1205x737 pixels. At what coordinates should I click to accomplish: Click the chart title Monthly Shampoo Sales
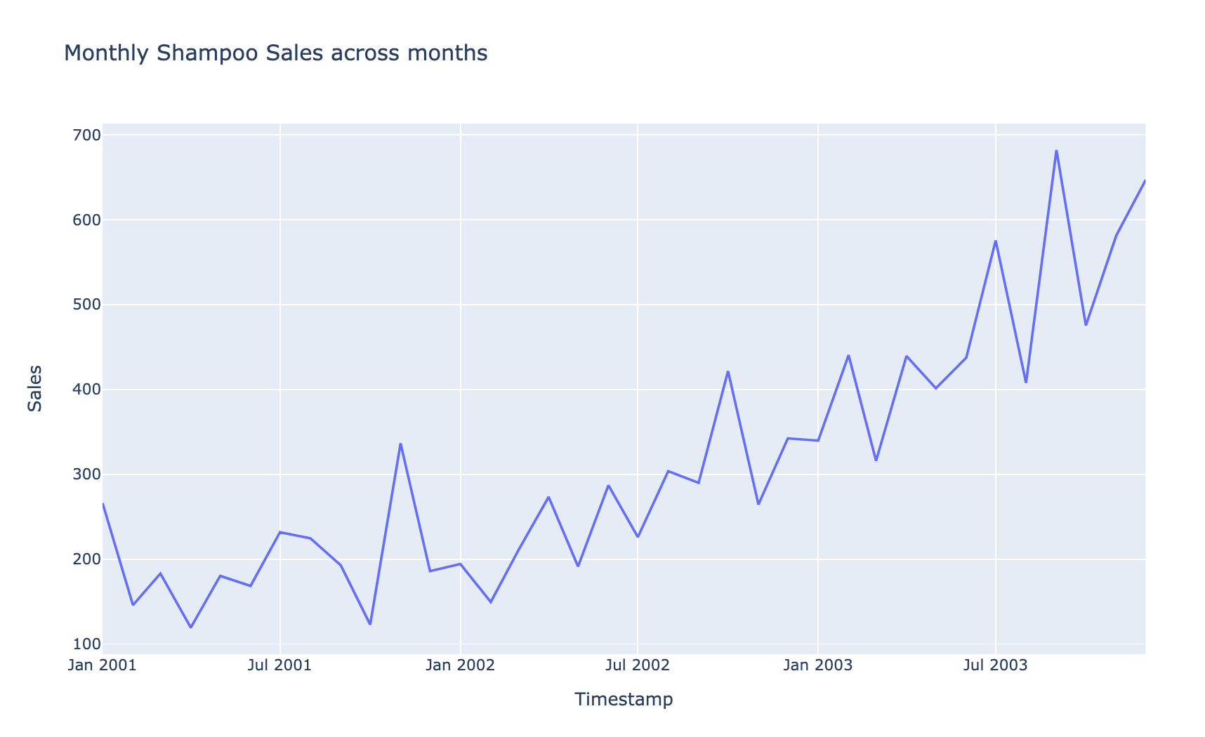coord(275,53)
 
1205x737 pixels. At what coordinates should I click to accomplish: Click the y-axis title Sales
coord(34,388)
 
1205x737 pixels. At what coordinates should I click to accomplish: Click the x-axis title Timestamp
coord(624,699)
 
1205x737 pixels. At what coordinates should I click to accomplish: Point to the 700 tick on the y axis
coord(82,135)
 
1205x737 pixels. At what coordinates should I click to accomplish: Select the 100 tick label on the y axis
coord(82,644)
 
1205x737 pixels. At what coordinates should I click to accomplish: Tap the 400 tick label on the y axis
coord(82,390)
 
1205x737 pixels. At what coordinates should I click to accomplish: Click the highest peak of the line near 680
coord(1056,150)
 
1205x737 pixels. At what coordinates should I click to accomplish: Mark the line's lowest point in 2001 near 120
coord(190,628)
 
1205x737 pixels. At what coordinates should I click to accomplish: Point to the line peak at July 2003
coord(995,241)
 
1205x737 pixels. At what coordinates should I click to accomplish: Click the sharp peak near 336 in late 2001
coord(400,444)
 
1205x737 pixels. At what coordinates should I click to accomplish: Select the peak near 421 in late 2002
coord(728,371)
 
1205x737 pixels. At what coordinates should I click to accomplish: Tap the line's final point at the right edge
coord(1145,181)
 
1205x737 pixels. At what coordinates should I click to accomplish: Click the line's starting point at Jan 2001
coord(103,503)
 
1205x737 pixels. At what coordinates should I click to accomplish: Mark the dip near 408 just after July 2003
coord(1026,383)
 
